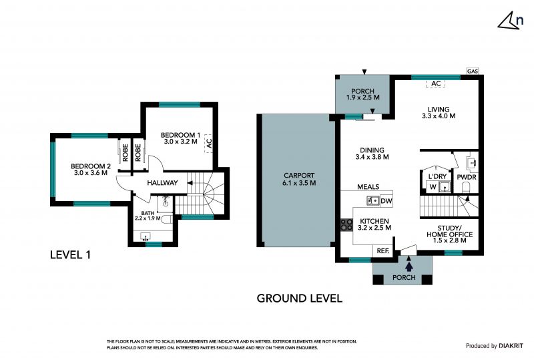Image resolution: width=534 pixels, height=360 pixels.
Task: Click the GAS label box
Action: click(473, 71)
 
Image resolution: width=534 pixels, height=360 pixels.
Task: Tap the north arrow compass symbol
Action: click(510, 21)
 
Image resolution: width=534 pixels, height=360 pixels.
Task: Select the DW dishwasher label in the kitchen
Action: click(386, 201)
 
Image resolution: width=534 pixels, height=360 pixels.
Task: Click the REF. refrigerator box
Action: click(383, 251)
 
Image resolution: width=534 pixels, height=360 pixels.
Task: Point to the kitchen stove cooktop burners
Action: click(346, 225)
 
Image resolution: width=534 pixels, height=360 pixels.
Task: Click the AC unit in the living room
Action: click(436, 83)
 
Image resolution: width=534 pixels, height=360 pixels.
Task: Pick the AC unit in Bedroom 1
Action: click(209, 143)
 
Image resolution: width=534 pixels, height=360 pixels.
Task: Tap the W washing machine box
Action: click(433, 187)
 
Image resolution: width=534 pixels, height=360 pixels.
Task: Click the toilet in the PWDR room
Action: click(466, 188)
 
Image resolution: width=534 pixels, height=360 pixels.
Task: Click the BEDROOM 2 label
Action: click(91, 166)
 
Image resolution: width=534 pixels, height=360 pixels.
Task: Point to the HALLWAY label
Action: click(162, 183)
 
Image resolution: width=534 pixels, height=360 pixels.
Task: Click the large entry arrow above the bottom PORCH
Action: click(409, 264)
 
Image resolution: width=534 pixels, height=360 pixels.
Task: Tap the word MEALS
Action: click(368, 187)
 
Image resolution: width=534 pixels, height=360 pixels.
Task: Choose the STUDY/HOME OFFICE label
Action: click(449, 231)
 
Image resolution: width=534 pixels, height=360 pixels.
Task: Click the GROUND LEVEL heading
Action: click(299, 299)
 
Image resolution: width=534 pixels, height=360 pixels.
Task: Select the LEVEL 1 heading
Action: click(70, 254)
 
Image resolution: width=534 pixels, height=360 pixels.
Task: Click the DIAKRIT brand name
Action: click(511, 346)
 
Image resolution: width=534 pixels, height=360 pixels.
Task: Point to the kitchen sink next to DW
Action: click(373, 201)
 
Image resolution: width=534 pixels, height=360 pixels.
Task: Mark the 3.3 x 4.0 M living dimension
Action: click(439, 116)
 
